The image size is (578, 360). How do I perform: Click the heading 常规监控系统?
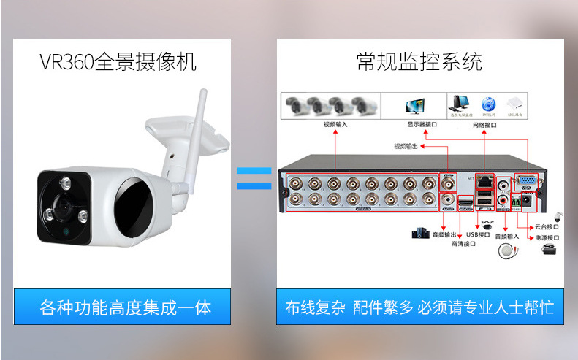click(419, 61)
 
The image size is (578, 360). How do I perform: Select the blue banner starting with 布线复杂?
click(419, 307)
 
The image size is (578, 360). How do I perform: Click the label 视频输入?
click(335, 124)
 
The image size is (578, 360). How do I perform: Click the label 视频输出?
click(406, 146)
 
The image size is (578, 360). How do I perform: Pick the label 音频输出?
click(444, 235)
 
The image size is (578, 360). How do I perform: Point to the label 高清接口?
click(463, 245)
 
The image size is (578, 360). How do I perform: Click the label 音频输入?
click(506, 236)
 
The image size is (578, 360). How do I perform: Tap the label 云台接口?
click(547, 227)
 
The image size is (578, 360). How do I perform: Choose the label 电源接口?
click(547, 237)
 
